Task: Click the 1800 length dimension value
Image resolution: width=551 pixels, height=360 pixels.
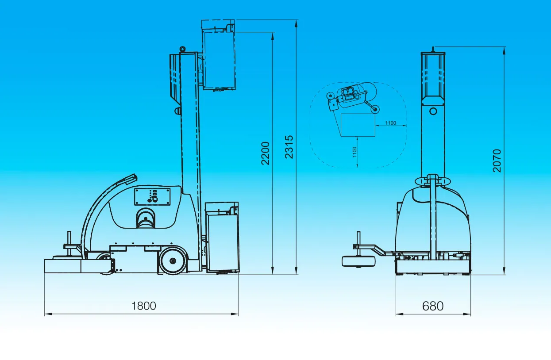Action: pos(144,306)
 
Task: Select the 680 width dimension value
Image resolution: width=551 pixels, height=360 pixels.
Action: pos(433,306)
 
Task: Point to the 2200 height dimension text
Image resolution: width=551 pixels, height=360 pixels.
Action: pos(266,153)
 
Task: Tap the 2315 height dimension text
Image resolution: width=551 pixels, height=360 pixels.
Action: pos(289,147)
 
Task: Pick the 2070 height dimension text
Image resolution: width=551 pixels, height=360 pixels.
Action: pos(497,161)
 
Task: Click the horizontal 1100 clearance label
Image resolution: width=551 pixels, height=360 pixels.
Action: pos(391,123)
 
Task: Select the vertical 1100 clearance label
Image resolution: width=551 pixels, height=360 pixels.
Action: pos(354,152)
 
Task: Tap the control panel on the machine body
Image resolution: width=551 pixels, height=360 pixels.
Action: pos(152,197)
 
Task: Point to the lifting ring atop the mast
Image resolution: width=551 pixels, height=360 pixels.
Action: pos(182,49)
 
